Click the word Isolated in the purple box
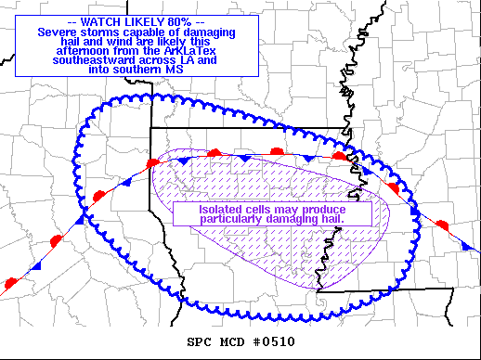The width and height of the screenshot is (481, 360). (220, 209)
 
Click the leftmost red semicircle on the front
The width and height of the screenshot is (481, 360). (11, 280)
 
